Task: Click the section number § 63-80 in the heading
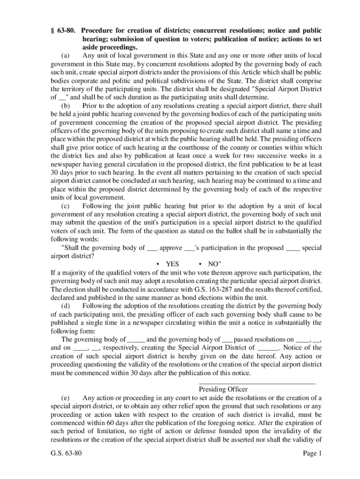(x=64, y=30)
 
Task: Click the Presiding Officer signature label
(x=223, y=389)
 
